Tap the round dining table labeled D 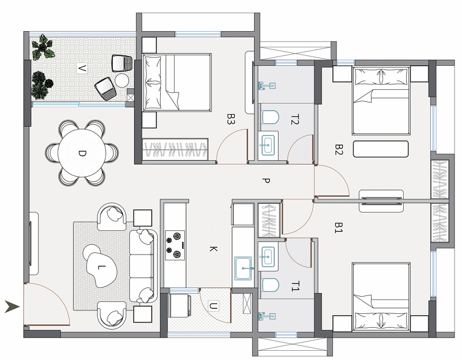coord(82,153)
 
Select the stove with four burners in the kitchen coord(175,245)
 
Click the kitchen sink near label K coord(243,268)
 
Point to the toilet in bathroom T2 coord(270,118)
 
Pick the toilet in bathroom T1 coord(270,285)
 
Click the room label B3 coord(230,119)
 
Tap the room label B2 coord(339,149)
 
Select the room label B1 coord(339,228)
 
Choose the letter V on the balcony coord(82,69)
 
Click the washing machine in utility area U coord(180,305)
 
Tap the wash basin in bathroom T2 coord(267,145)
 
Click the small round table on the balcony coord(122,80)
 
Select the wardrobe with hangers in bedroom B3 coord(175,149)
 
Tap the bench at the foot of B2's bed coord(381,149)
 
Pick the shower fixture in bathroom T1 coord(267,316)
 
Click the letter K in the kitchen coord(213,249)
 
